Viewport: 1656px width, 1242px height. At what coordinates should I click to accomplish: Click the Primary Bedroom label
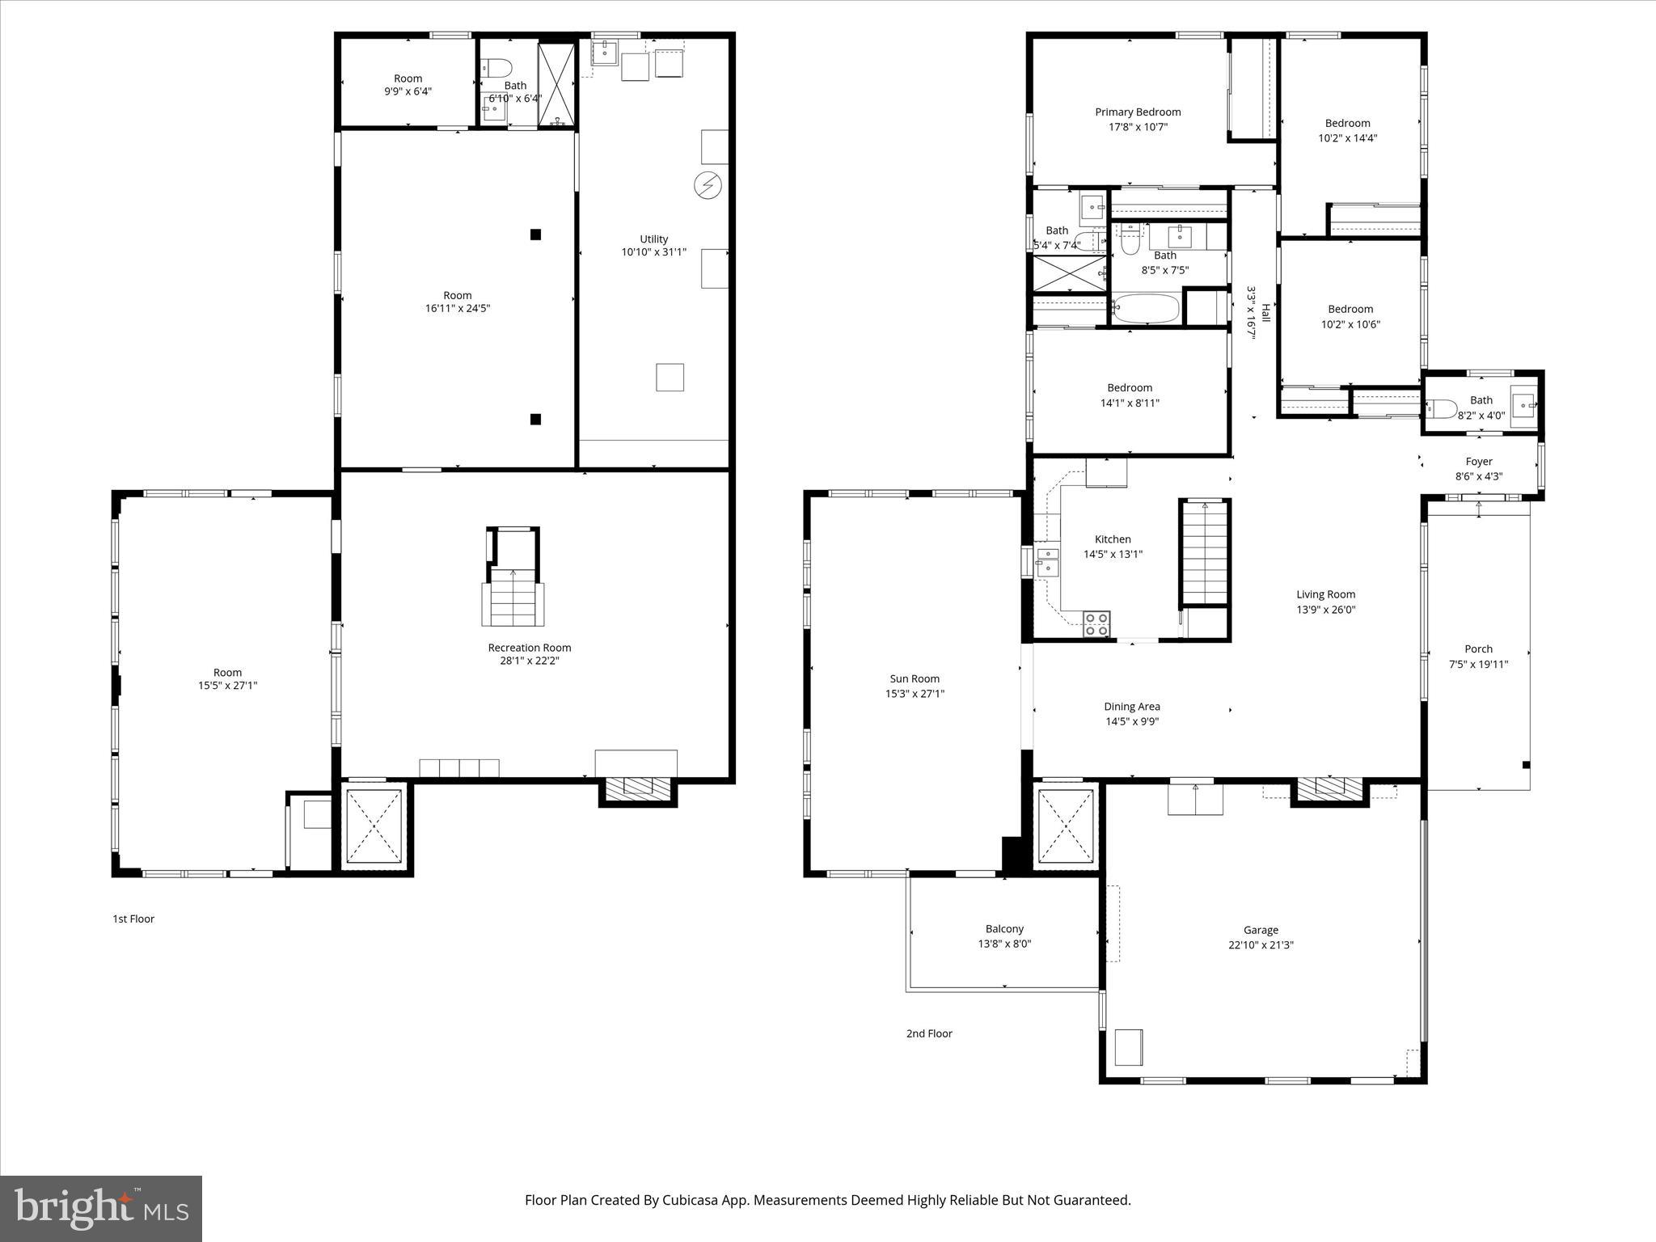click(x=1138, y=112)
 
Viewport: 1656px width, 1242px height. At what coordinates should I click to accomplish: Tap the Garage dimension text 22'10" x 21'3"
click(x=1261, y=944)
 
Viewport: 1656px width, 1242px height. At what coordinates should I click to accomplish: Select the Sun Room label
click(x=915, y=679)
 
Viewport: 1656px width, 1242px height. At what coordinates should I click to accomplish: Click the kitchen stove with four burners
click(x=1096, y=624)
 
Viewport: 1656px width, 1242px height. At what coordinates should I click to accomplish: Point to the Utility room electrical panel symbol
click(x=707, y=186)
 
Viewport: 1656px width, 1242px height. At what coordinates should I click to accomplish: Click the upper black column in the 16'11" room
click(x=535, y=234)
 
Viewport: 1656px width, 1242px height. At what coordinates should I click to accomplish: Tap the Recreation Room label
click(x=529, y=648)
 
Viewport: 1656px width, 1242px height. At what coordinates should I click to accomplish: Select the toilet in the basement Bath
click(x=495, y=67)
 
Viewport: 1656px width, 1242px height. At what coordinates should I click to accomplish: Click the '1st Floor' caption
click(x=133, y=919)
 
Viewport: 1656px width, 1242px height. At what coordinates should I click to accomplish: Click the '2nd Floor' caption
click(x=929, y=1033)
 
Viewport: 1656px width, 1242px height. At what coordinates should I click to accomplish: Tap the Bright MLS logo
click(x=101, y=1209)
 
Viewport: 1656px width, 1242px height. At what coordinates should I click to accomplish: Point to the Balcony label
click(x=1004, y=929)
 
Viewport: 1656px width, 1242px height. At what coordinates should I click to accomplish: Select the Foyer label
click(x=1479, y=462)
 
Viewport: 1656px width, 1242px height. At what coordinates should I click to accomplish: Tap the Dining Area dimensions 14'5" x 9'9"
click(x=1132, y=721)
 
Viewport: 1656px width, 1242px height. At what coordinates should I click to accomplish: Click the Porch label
click(x=1478, y=649)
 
